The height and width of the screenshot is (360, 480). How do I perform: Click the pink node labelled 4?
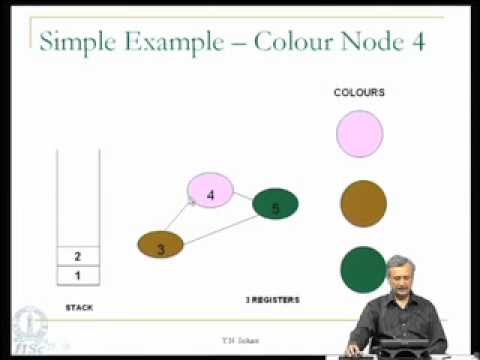coord(210,191)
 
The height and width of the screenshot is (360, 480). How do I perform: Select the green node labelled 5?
coord(275,205)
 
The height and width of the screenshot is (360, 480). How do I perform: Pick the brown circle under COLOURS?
coord(363,203)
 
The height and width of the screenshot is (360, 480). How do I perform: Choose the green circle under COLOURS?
coord(363,269)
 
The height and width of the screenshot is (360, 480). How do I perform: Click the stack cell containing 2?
coord(77,256)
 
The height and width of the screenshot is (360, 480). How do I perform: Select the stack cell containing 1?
coord(77,274)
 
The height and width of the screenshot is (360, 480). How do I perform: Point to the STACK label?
coord(79,307)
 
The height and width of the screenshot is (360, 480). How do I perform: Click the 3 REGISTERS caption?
coord(273,299)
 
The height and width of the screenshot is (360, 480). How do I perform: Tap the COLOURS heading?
coord(359,93)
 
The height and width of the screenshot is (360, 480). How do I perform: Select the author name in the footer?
coord(240,341)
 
